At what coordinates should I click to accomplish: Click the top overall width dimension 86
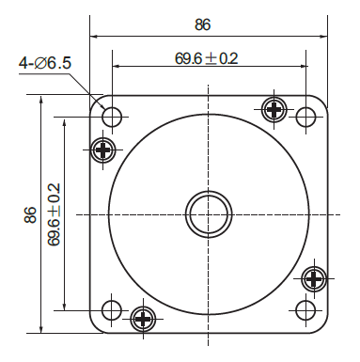point(202,24)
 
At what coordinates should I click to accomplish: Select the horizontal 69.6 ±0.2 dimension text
point(207,58)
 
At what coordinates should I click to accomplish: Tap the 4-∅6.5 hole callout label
point(46,64)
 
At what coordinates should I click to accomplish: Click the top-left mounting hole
point(112,118)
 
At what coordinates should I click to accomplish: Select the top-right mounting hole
point(306,118)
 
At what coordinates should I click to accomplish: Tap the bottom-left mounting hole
point(112,310)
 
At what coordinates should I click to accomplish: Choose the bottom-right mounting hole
point(306,310)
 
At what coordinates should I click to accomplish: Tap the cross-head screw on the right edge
point(315,279)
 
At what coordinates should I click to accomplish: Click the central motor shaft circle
point(209,213)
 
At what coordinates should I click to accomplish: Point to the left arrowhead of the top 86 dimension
point(95,37)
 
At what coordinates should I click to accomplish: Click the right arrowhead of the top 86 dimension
point(322,37)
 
